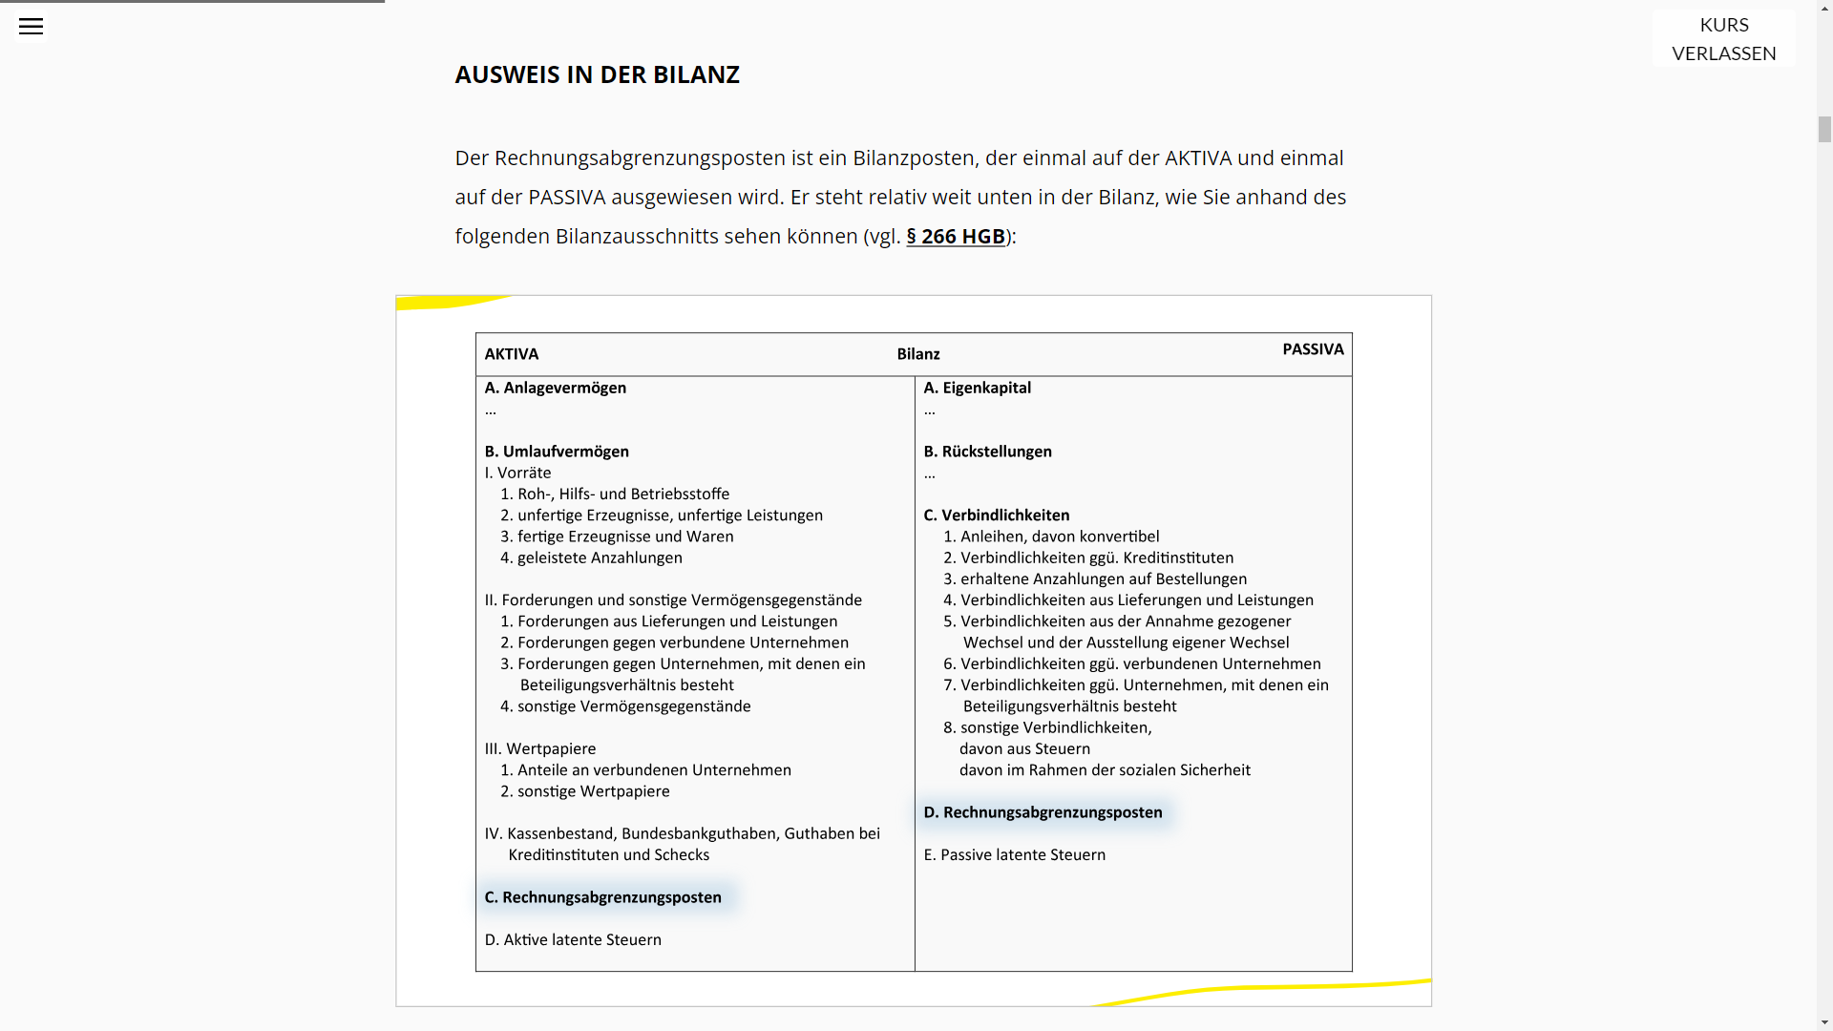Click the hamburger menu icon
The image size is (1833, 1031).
(31, 27)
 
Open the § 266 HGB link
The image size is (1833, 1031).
(955, 237)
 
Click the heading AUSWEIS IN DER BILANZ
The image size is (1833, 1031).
(597, 74)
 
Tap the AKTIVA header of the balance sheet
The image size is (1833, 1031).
(512, 354)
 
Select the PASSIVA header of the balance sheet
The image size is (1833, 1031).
(1313, 349)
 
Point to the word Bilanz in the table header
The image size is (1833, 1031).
(918, 354)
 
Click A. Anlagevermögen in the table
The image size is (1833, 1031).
(556, 388)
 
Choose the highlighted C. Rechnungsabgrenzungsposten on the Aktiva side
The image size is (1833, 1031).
(603, 897)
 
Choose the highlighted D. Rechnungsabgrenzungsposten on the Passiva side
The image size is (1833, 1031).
(1043, 812)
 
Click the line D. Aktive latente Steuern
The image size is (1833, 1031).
(573, 939)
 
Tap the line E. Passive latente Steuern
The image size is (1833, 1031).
(1014, 854)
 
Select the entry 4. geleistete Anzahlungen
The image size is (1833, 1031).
(591, 558)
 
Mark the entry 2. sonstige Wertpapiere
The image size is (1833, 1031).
(585, 791)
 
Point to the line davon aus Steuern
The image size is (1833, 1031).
(1024, 748)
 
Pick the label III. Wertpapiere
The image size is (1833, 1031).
(540, 748)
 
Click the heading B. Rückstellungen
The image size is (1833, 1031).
(987, 452)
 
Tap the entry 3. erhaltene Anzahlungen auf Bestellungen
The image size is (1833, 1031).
(1095, 579)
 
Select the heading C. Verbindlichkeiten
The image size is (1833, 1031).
(996, 515)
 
